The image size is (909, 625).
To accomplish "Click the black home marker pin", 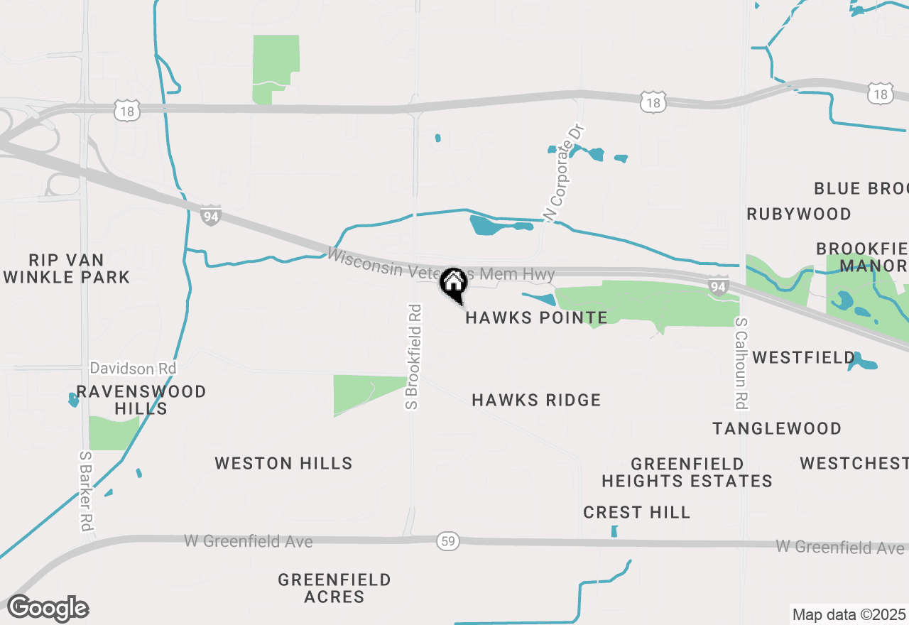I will (453, 284).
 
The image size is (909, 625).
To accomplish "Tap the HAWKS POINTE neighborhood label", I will (536, 317).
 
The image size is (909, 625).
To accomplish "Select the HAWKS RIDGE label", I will (536, 401).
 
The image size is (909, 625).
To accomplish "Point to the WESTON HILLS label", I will (283, 464).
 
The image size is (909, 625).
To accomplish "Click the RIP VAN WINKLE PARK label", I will (67, 268).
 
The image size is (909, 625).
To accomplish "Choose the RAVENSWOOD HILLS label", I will (141, 400).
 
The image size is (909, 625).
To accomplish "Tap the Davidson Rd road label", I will (133, 369).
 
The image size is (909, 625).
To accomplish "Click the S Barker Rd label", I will (86, 491).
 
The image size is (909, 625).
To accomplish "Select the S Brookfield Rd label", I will (413, 357).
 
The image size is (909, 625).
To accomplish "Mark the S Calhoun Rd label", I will (741, 363).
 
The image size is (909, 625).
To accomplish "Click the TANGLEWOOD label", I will (777, 428).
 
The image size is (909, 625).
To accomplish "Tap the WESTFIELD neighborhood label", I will (804, 357).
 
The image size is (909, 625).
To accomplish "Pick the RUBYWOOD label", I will (799, 214).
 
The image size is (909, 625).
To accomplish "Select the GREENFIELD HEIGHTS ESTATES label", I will (687, 472).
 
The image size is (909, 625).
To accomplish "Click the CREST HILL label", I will (636, 512).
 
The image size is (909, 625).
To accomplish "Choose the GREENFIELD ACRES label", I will (334, 588).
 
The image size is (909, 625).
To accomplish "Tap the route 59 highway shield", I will (448, 541).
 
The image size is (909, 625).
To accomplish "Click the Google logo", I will (48, 608).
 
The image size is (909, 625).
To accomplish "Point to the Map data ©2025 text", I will (849, 614).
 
